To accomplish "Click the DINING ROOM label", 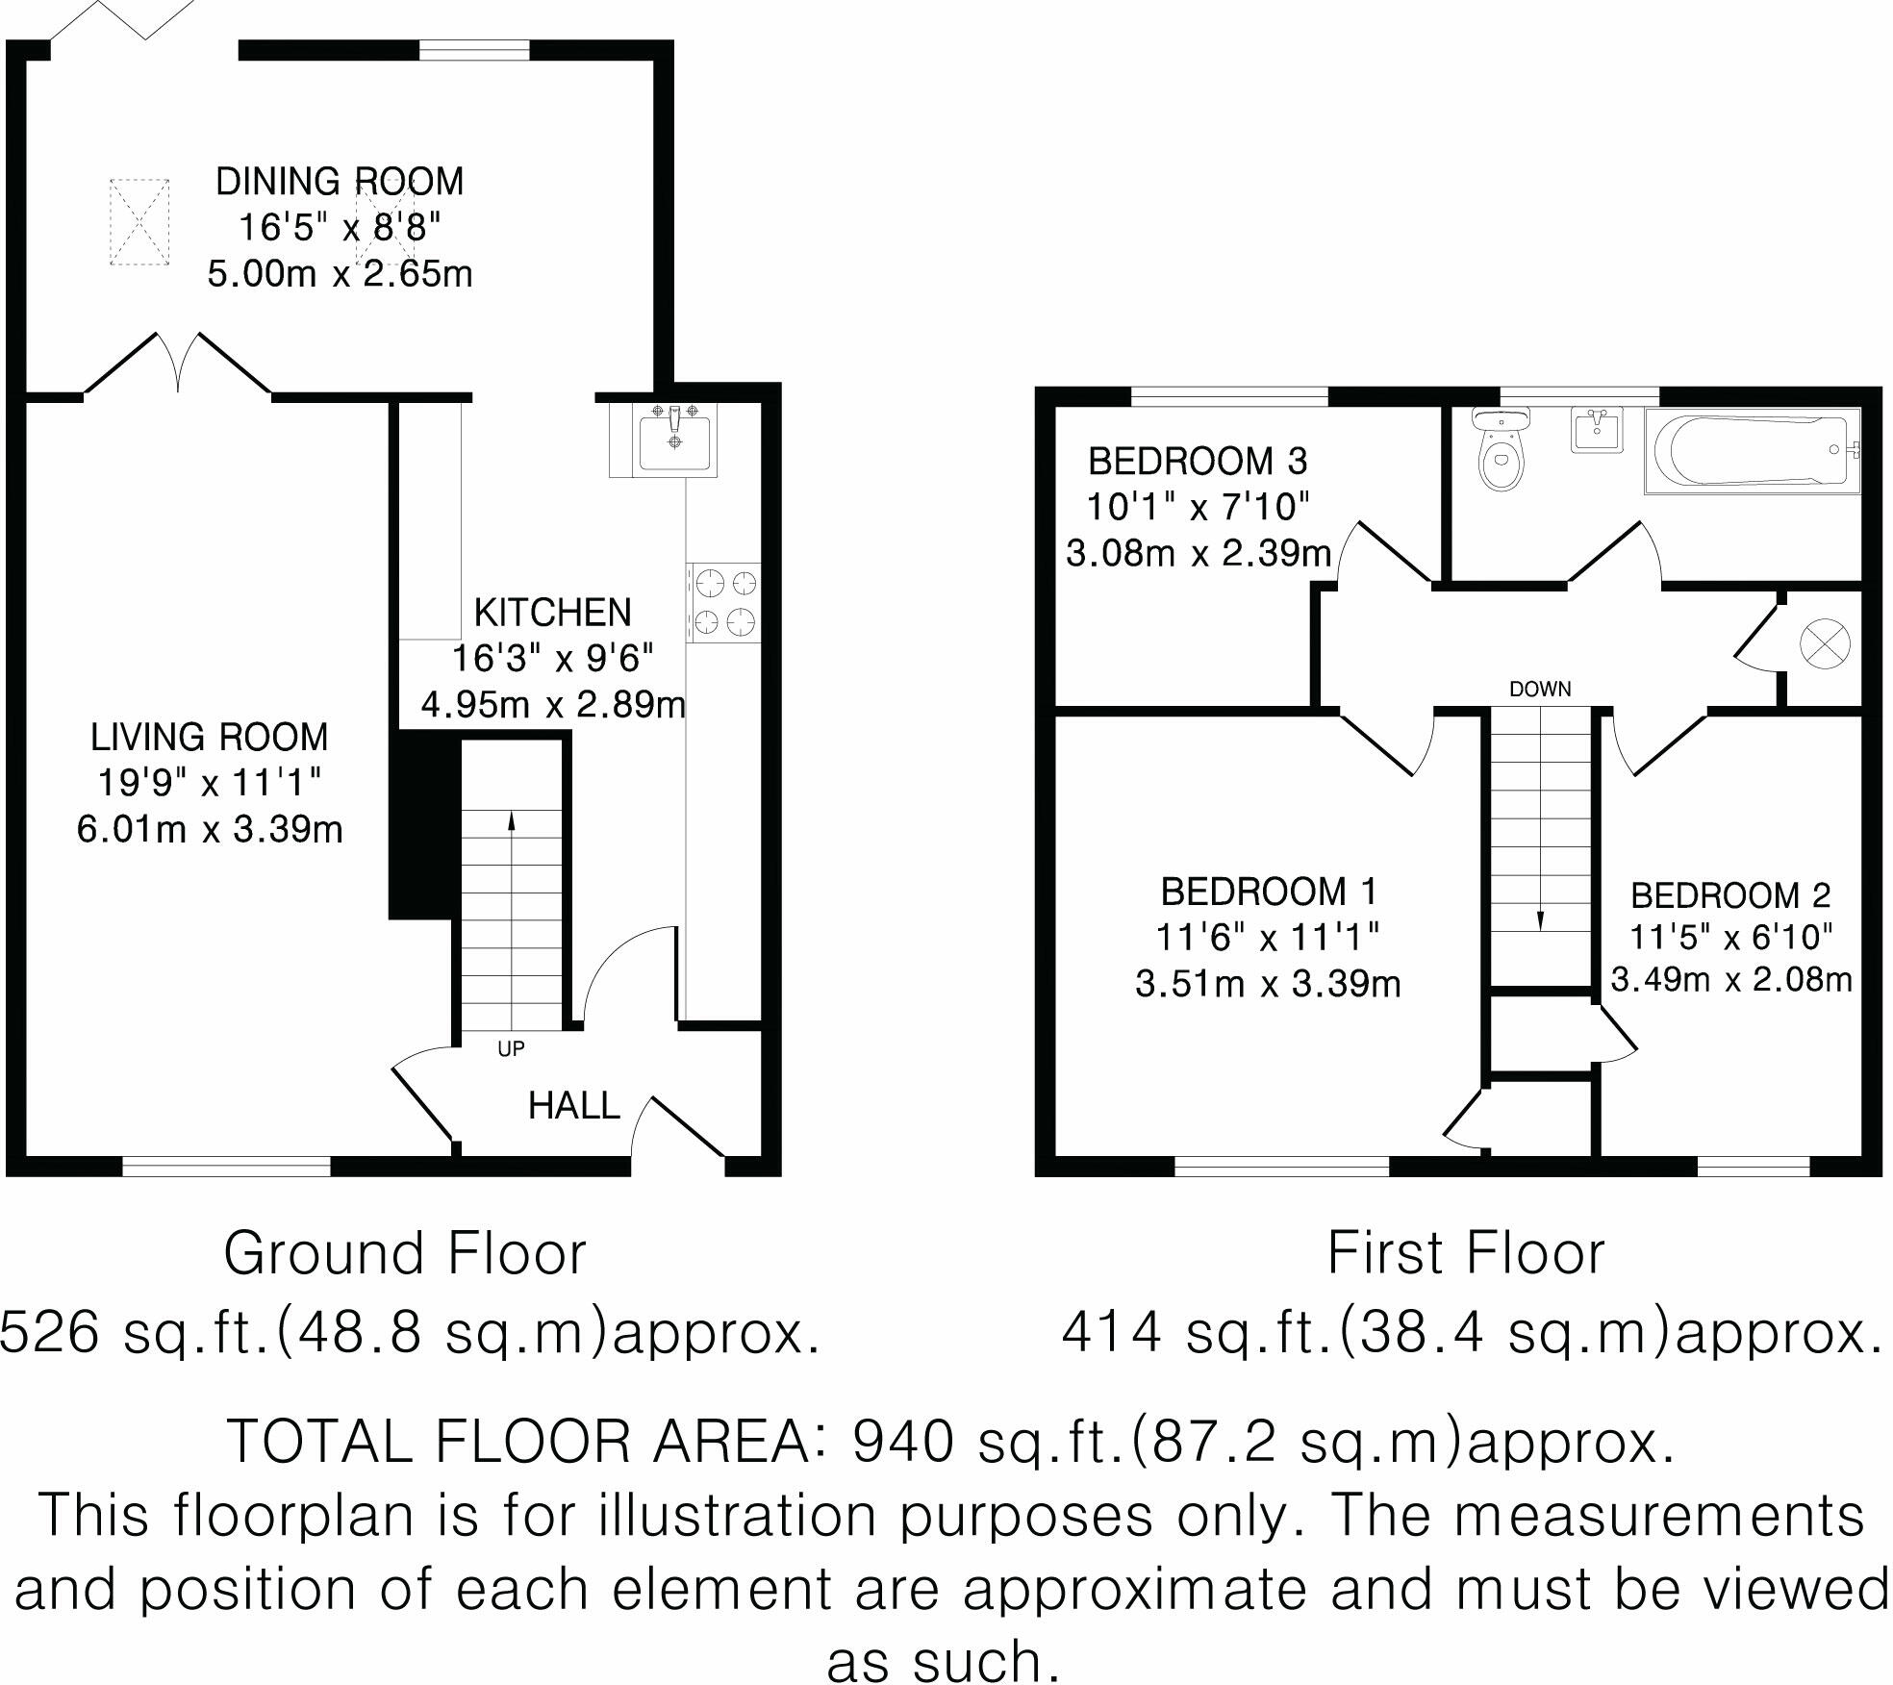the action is coord(340,182).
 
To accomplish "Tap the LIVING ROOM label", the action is coord(209,738).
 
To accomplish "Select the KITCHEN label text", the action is coord(552,613).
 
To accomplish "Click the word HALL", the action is coord(573,1107).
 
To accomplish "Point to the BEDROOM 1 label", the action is coord(1269,892).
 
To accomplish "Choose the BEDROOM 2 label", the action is coord(1730,895).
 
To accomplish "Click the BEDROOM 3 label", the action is coord(1198,462).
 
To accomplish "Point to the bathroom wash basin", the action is coord(1597,429).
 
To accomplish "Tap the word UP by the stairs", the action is coord(511,1049).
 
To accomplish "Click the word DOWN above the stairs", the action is coord(1540,689).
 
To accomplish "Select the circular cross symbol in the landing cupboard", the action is coord(1824,643).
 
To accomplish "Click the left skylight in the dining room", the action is coord(139,222).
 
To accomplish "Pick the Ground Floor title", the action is coord(404,1254).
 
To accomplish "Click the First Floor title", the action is coord(1466,1254).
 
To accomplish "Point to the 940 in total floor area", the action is coord(903,1440).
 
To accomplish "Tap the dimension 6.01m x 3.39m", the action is coord(210,829).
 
